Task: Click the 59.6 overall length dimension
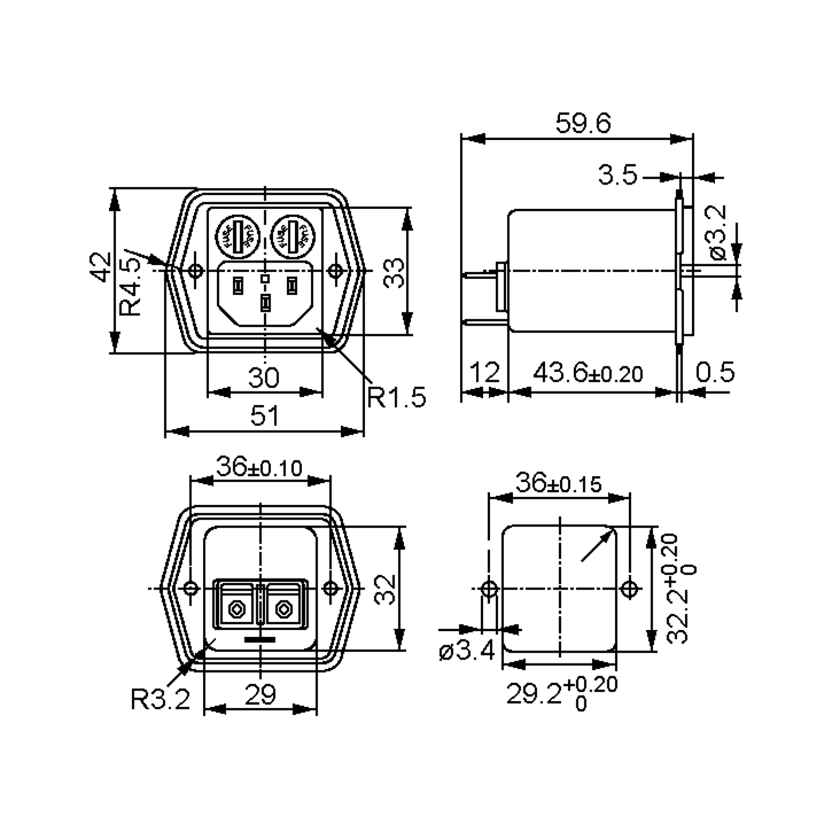(x=583, y=124)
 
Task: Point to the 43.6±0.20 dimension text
(x=588, y=373)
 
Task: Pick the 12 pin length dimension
(x=485, y=373)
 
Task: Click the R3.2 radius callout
(x=160, y=700)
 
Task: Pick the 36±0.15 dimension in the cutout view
(x=559, y=483)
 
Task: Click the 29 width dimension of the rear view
(x=260, y=695)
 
